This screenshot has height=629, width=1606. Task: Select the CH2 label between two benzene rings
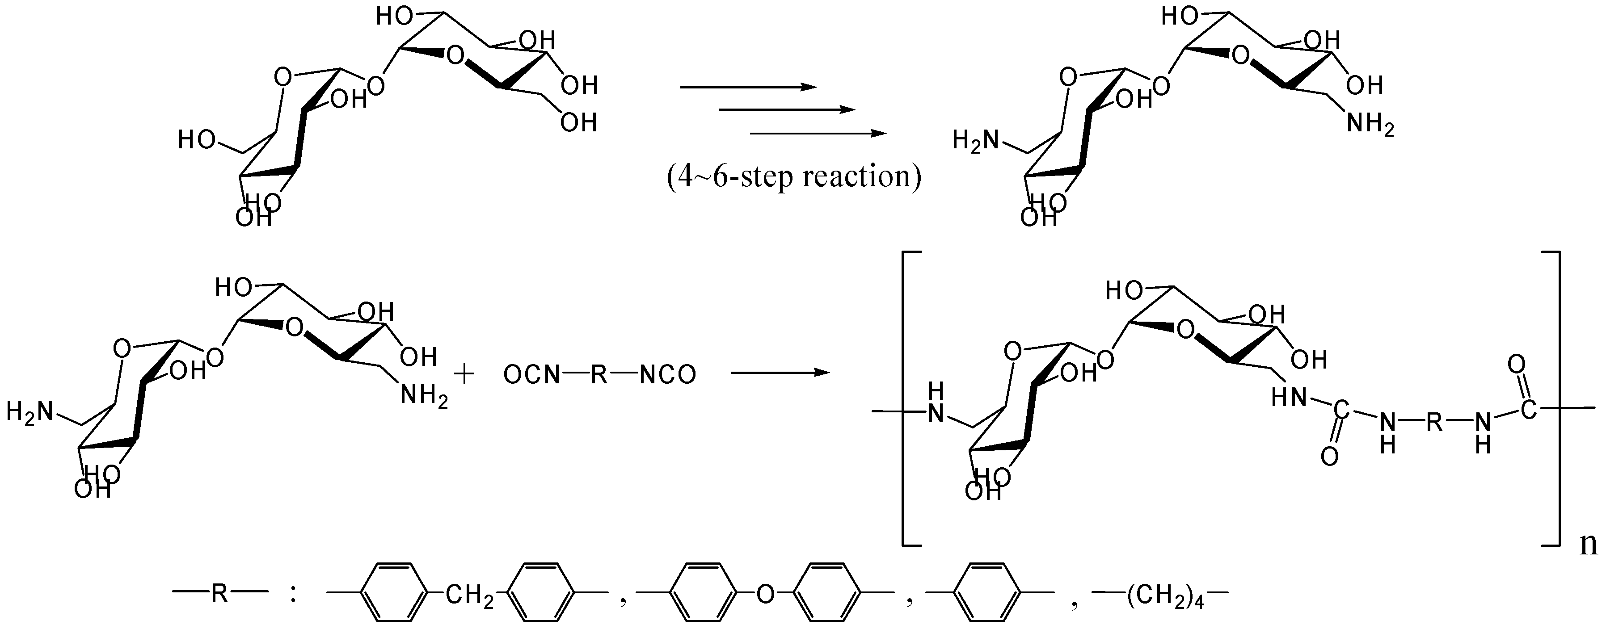[469, 596]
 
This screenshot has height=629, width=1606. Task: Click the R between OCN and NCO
[599, 375]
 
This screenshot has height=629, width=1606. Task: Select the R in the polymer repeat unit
[1434, 424]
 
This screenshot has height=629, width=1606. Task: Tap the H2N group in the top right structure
[975, 141]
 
